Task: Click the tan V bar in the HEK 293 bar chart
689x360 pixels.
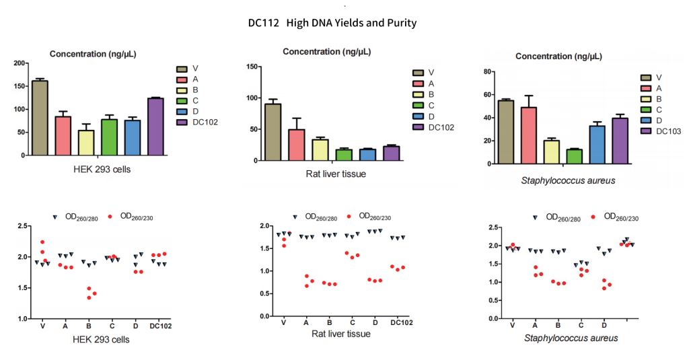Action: pyautogui.click(x=39, y=118)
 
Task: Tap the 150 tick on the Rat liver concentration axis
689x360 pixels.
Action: pyautogui.click(x=252, y=67)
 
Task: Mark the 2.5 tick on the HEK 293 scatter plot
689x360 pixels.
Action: pyautogui.click(x=20, y=226)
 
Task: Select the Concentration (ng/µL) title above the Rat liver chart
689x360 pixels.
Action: pyautogui.click(x=326, y=52)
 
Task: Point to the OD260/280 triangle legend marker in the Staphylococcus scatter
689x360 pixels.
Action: pyautogui.click(x=535, y=217)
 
